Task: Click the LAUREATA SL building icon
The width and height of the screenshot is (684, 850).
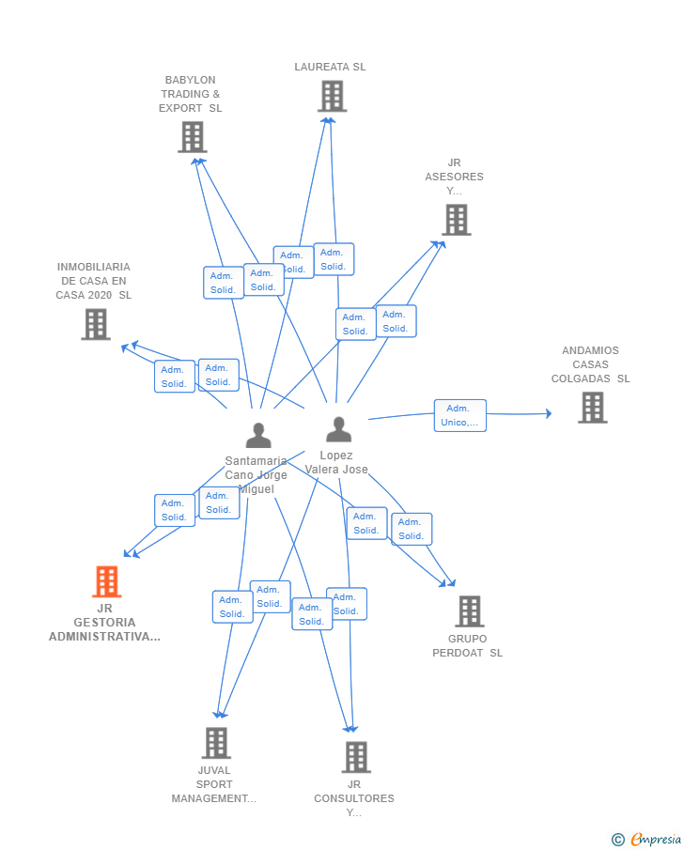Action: pyautogui.click(x=332, y=96)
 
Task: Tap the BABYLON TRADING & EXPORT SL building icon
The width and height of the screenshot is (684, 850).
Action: pyautogui.click(x=192, y=137)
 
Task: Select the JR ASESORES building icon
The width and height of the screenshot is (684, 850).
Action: pyautogui.click(x=457, y=220)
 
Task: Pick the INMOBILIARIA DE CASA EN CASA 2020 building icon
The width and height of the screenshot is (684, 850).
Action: pyautogui.click(x=95, y=324)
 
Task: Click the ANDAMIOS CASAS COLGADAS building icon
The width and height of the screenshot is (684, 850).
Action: pyautogui.click(x=592, y=408)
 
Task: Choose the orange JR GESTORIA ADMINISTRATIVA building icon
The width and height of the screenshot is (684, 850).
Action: pyautogui.click(x=106, y=581)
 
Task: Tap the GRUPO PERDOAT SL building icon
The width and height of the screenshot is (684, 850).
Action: pyautogui.click(x=469, y=611)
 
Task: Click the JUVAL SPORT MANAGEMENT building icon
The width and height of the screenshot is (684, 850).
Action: pyautogui.click(x=216, y=743)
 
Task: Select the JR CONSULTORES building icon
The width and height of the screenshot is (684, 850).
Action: pyautogui.click(x=355, y=757)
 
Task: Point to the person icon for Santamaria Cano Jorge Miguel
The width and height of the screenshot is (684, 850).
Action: pyautogui.click(x=257, y=435)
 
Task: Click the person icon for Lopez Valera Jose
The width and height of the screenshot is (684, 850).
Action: pyautogui.click(x=338, y=429)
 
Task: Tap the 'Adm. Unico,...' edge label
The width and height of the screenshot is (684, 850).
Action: pyautogui.click(x=459, y=415)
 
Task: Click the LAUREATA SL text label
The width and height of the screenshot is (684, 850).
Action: pyautogui.click(x=330, y=67)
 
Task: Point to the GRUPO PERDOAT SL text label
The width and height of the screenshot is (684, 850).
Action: pyautogui.click(x=467, y=646)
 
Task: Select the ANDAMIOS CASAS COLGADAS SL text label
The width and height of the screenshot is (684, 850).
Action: pyautogui.click(x=590, y=364)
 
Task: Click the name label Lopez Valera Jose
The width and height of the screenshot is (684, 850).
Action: pyautogui.click(x=336, y=462)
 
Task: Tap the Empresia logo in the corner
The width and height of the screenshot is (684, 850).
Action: pyautogui.click(x=655, y=840)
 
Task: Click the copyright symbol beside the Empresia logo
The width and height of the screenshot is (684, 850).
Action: pyautogui.click(x=617, y=840)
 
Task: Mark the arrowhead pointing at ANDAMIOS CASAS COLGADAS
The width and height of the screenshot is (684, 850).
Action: pyautogui.click(x=549, y=413)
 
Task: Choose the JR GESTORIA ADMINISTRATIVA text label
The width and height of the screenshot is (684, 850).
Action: pyautogui.click(x=104, y=623)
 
